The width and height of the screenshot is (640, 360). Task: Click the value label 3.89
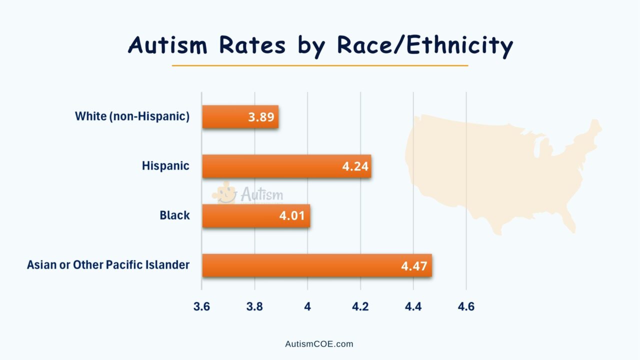260,117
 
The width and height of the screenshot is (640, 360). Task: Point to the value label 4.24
355,166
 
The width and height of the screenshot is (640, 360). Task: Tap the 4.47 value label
414,265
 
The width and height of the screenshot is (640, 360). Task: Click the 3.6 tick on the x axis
201,306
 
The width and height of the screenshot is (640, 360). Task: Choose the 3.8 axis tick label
254,306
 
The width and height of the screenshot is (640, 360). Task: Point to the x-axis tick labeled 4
307,306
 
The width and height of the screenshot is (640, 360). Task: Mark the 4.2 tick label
360,306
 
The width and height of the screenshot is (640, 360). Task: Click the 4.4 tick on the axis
413,306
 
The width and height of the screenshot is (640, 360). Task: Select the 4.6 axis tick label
466,306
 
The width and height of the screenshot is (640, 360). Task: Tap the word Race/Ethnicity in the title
425,45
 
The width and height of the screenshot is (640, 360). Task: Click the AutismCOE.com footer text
319,344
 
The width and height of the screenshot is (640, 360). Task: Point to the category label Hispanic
165,165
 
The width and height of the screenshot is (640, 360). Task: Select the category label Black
174,215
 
